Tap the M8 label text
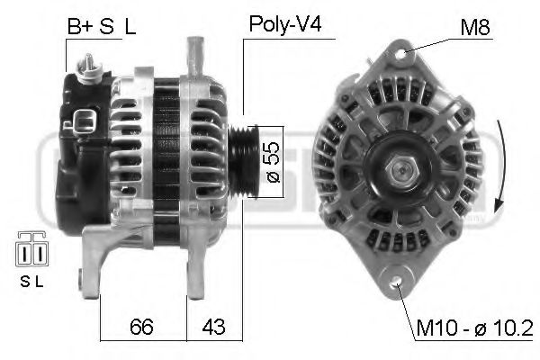click(474, 27)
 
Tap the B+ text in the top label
click(79, 26)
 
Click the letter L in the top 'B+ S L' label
click(130, 26)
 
